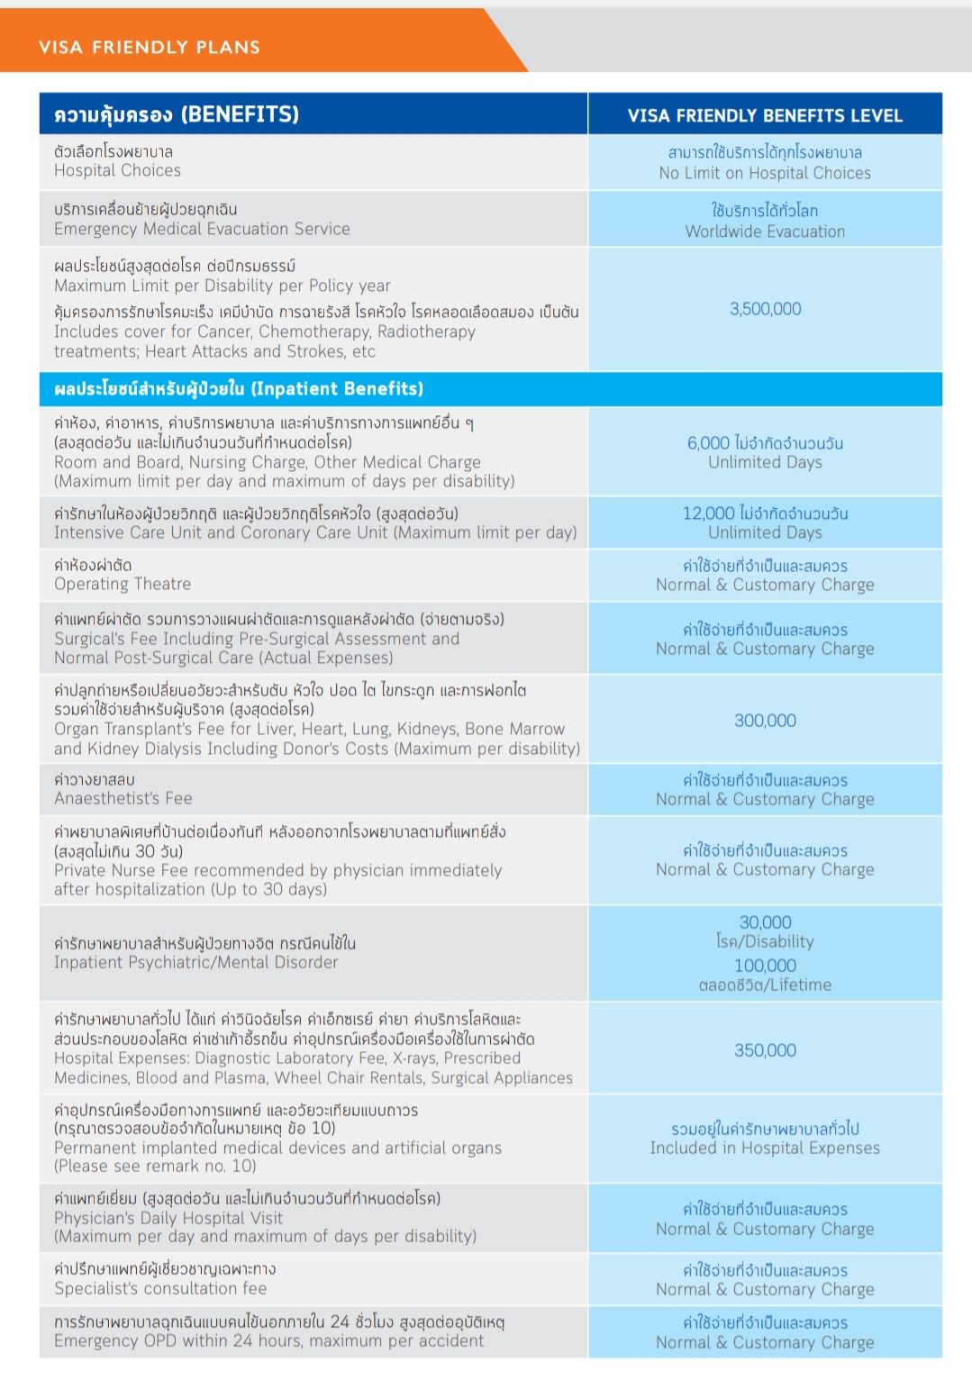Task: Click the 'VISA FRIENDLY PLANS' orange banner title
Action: click(x=150, y=47)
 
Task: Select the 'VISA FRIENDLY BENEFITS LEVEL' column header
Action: click(x=765, y=115)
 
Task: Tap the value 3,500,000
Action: click(x=765, y=309)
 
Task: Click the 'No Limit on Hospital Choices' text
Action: click(x=765, y=173)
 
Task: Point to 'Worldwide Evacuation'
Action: click(x=765, y=231)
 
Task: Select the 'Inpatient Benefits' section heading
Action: click(x=239, y=389)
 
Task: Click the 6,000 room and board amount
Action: click(x=708, y=443)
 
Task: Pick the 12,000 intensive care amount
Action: click(x=708, y=513)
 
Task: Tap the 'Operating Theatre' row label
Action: click(x=123, y=584)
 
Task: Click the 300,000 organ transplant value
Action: click(x=765, y=721)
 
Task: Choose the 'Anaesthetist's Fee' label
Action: click(x=123, y=798)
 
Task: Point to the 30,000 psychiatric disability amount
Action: click(x=765, y=922)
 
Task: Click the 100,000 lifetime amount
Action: click(x=765, y=966)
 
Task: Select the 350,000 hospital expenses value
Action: click(x=765, y=1050)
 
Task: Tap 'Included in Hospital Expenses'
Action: click(x=765, y=1148)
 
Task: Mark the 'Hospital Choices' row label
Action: click(x=117, y=170)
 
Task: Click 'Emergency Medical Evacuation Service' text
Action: click(x=202, y=229)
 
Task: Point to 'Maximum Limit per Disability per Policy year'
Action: click(x=223, y=286)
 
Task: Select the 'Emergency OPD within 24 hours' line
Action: click(x=268, y=1340)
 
